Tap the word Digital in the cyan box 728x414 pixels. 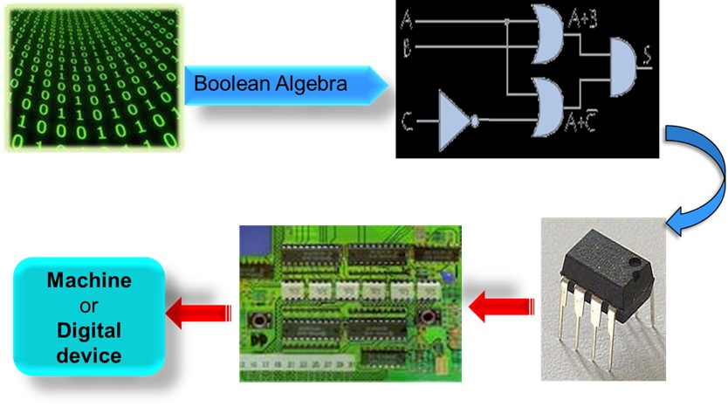(x=89, y=331)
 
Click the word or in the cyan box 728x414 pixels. (x=89, y=307)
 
